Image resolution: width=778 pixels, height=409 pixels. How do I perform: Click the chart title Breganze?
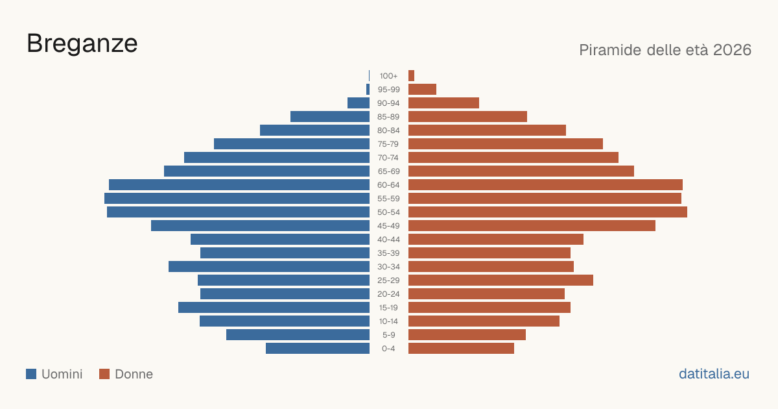click(x=82, y=44)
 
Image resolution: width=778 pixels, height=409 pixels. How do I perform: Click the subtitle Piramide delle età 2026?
click(x=665, y=50)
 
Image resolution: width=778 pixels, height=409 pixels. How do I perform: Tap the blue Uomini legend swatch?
click(x=31, y=374)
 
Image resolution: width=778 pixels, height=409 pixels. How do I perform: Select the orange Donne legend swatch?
click(x=104, y=374)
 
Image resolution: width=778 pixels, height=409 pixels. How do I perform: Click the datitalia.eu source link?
click(x=714, y=374)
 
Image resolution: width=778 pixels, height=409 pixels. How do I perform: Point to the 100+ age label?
click(x=388, y=76)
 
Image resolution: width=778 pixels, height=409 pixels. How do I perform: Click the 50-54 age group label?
click(x=388, y=212)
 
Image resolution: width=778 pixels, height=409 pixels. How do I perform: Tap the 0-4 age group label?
click(x=388, y=349)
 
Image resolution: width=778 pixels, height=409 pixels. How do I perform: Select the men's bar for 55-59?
click(x=237, y=198)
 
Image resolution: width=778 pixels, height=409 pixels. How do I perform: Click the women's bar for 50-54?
click(x=548, y=212)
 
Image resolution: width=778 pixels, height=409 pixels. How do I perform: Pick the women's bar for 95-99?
click(x=422, y=90)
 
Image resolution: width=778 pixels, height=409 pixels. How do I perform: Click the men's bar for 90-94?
click(x=359, y=103)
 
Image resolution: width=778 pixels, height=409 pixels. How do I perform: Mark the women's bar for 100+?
click(x=411, y=76)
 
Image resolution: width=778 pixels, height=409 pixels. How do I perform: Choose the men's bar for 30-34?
click(x=269, y=267)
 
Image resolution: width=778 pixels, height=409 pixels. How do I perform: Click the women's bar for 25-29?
click(x=501, y=280)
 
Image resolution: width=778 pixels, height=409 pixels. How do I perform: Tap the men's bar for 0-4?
click(x=318, y=349)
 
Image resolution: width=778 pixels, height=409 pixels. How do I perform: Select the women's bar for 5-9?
click(x=467, y=335)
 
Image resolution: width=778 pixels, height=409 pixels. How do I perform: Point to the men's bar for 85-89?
click(x=330, y=116)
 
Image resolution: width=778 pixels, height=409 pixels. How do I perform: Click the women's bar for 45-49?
click(x=532, y=226)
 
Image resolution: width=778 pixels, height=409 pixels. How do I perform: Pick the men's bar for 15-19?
click(x=274, y=308)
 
